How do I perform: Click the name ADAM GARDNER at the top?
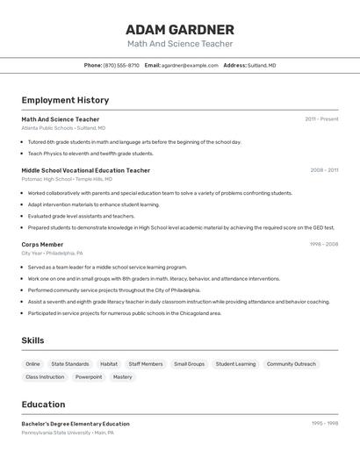180,30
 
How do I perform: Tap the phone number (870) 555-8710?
121,66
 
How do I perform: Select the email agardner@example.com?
190,66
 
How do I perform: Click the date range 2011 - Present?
321,119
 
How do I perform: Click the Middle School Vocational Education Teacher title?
86,170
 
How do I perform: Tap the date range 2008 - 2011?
324,170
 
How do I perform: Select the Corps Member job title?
42,245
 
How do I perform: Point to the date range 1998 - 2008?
323,245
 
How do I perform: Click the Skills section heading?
32,340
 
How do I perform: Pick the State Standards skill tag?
70,364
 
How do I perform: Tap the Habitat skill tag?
109,364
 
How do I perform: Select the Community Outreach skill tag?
292,364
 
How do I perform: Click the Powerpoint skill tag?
89,377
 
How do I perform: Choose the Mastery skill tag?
123,377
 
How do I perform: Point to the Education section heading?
43,404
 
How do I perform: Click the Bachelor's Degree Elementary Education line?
76,424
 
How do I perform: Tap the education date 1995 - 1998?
324,424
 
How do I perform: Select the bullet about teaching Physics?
90,154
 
